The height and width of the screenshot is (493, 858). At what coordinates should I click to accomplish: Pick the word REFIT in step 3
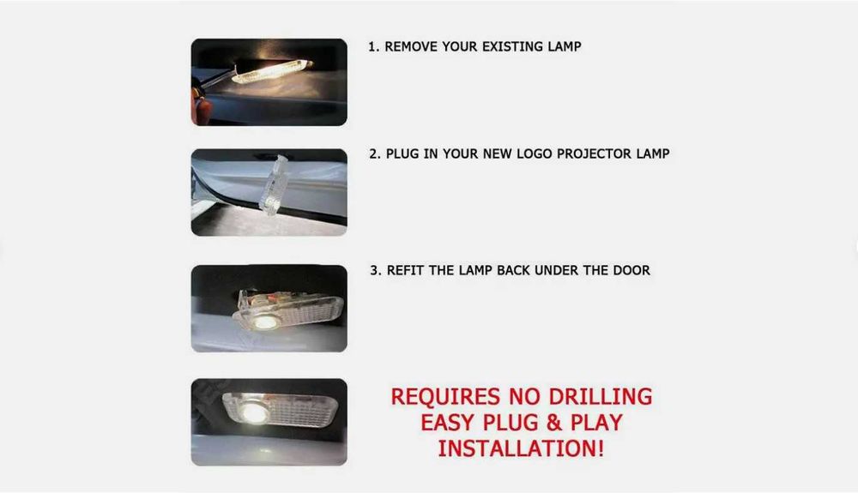click(405, 271)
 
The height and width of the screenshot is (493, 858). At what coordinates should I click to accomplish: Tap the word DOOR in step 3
click(631, 271)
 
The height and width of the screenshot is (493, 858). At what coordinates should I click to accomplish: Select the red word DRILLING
click(601, 397)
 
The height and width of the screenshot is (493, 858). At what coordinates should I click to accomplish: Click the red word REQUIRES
click(445, 397)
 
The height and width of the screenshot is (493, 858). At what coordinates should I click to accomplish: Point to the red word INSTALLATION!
click(521, 448)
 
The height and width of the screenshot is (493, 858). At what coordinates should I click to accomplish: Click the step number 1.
click(372, 47)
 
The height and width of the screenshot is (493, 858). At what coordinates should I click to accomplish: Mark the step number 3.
click(375, 271)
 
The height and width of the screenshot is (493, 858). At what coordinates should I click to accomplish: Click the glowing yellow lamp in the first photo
click(272, 72)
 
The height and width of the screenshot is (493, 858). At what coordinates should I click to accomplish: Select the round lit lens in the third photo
click(265, 322)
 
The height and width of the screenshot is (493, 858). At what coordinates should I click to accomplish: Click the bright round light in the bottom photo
click(255, 412)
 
